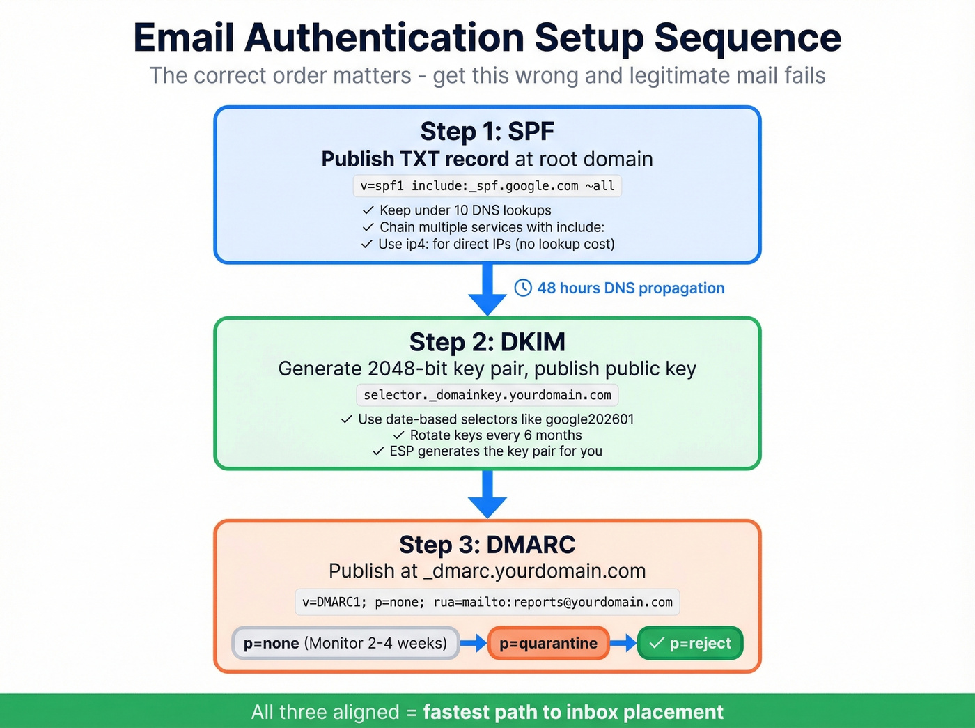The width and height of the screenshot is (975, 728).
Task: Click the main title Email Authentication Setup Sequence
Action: point(487,38)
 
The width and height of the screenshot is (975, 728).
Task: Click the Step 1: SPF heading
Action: point(487,131)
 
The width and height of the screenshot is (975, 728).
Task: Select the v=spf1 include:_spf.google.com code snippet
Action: point(487,186)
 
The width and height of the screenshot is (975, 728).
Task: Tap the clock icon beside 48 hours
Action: point(523,288)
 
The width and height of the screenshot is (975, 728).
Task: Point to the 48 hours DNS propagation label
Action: point(630,288)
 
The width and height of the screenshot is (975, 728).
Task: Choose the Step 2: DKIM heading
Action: point(487,342)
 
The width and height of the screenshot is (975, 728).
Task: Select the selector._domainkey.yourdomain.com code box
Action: point(487,395)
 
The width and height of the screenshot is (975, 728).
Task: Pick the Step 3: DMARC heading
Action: point(487,545)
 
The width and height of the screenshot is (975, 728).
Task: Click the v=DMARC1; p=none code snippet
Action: point(487,602)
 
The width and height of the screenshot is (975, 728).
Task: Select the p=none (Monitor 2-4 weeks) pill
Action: point(345,643)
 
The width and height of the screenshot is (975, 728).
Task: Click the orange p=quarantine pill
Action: point(548,643)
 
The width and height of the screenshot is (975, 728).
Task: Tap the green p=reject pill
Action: point(690,643)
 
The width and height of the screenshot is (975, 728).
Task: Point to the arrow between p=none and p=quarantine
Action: point(474,643)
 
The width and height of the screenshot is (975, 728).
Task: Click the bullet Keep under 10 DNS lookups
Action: point(465,210)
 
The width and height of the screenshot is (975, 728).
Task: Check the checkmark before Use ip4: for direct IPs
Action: point(367,245)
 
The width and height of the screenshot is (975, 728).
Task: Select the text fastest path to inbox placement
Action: point(572,712)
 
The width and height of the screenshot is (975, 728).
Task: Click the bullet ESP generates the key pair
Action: point(495,451)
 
